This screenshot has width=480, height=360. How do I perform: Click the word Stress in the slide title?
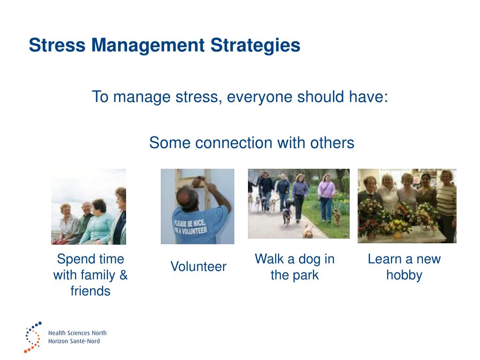pyautogui.click(x=57, y=45)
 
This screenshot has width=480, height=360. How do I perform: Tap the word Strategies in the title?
pyautogui.click(x=255, y=46)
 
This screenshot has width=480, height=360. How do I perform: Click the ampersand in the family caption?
pyautogui.click(x=123, y=275)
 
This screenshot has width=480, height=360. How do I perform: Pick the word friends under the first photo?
pyautogui.click(x=90, y=291)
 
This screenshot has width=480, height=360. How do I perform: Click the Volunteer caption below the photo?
pyautogui.click(x=198, y=266)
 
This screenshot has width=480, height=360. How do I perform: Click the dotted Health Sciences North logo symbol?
pyautogui.click(x=32, y=337)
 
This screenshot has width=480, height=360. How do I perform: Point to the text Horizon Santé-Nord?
pyautogui.click(x=74, y=341)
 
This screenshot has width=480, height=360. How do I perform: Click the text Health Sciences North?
pyautogui.click(x=77, y=333)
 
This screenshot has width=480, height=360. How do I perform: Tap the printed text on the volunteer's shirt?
pyautogui.click(x=190, y=227)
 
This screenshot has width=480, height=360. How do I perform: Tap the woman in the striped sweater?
pyautogui.click(x=446, y=205)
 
